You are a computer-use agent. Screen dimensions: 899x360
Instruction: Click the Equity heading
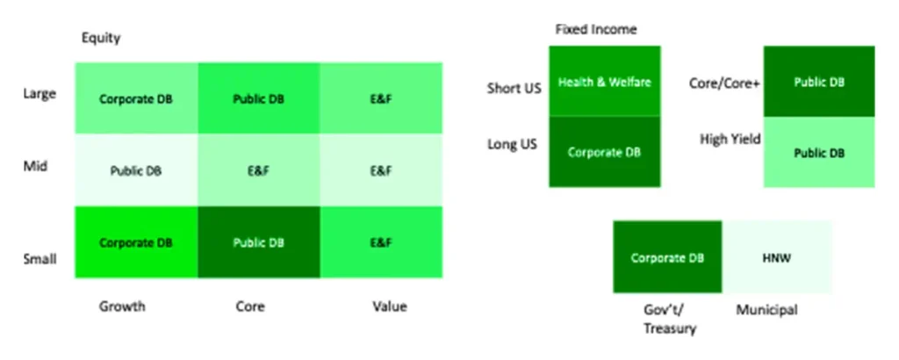point(101,39)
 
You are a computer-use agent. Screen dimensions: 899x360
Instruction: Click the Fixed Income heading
point(596,29)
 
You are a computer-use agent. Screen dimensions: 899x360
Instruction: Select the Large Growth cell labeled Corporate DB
point(136,98)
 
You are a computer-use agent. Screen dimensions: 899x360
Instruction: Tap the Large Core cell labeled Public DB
point(259,98)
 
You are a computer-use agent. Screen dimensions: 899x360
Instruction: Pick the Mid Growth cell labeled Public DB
point(136,170)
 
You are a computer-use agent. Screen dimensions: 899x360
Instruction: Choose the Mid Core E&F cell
point(259,170)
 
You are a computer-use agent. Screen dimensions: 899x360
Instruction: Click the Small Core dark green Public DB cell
point(259,242)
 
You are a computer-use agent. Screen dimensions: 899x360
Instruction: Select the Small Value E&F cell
point(381,242)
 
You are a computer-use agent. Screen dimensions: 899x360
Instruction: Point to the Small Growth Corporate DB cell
point(136,242)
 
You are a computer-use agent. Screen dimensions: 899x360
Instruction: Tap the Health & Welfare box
point(605,82)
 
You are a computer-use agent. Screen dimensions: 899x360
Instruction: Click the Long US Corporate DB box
point(605,152)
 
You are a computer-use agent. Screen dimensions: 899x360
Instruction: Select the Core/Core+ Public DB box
point(819,82)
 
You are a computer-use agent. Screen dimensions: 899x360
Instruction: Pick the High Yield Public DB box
point(819,153)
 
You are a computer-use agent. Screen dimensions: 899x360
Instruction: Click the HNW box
point(777,257)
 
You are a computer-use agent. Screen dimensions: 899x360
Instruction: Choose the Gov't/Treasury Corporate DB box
point(668,257)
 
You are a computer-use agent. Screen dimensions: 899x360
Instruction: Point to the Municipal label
point(766,310)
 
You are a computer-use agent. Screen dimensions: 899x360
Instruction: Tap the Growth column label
point(122,306)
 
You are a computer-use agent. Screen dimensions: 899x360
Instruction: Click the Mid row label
point(35,167)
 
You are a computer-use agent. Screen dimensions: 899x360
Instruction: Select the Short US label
point(514,89)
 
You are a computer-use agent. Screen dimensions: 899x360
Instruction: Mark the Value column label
point(389,306)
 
